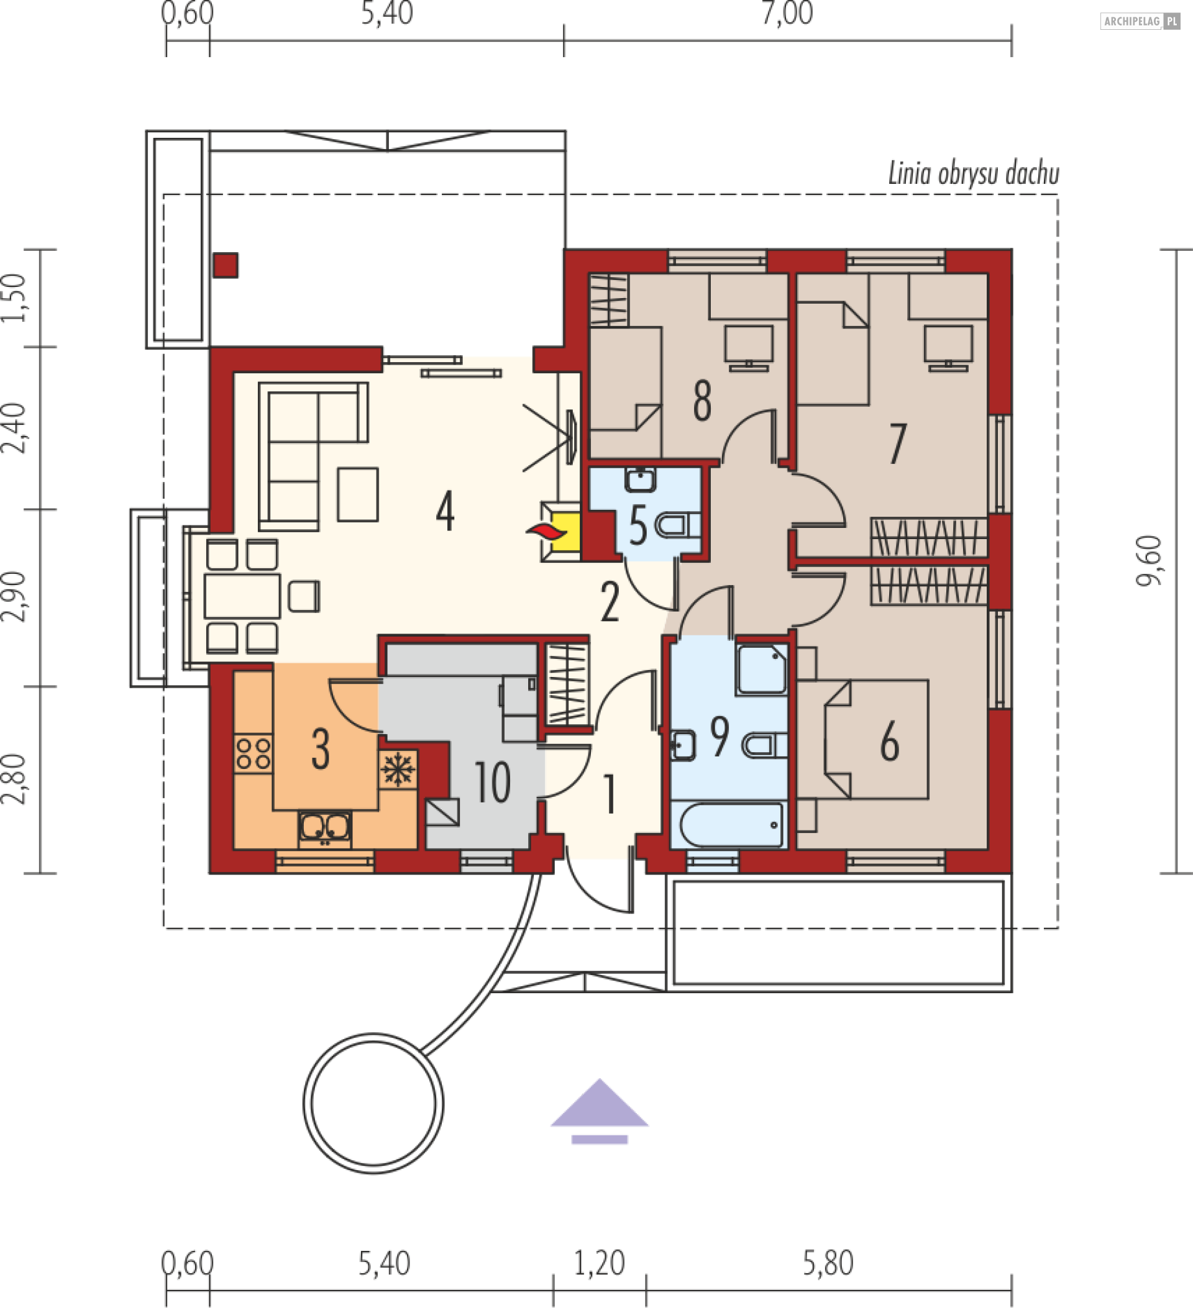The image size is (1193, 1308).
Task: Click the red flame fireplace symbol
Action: coord(546,532)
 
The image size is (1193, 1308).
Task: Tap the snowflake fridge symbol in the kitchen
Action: coord(398,770)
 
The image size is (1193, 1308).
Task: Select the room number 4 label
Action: coord(445,511)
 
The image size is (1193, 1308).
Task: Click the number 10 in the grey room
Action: coord(493,782)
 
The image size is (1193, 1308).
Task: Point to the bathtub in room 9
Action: coord(731,825)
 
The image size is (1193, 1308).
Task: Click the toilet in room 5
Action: coord(678,525)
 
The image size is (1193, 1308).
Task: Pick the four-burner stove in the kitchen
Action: coord(253,753)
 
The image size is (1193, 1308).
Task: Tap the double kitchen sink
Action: coord(325,829)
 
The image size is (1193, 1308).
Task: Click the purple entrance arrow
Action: coord(599,1111)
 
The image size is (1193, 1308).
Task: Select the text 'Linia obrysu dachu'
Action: coord(974,173)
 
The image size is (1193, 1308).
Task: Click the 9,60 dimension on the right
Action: coord(1148,561)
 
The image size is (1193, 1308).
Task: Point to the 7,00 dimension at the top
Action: coord(787,14)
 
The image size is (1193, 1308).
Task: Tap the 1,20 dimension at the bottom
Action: coord(599,1263)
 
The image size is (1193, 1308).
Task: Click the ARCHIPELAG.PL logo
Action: coord(1140,21)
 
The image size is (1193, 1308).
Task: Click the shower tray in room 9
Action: coord(762,669)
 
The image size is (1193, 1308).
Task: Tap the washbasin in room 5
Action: coord(640,479)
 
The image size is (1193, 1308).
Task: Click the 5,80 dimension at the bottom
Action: coord(828,1263)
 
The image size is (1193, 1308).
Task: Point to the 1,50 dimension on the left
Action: coord(14,297)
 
